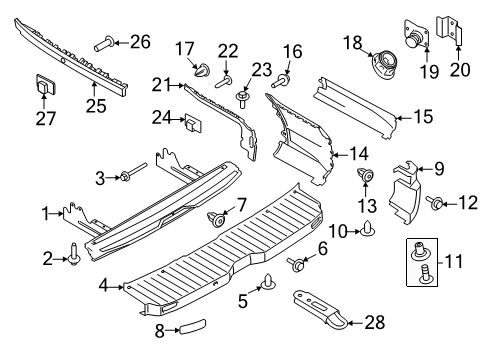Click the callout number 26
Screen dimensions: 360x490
coord(139,42)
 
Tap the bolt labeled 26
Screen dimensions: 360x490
coord(103,42)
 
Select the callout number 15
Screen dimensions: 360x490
coord(423,117)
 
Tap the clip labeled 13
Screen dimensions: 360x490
coord(365,179)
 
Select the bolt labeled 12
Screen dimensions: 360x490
coord(437,204)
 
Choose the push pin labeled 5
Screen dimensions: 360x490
coord(269,283)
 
